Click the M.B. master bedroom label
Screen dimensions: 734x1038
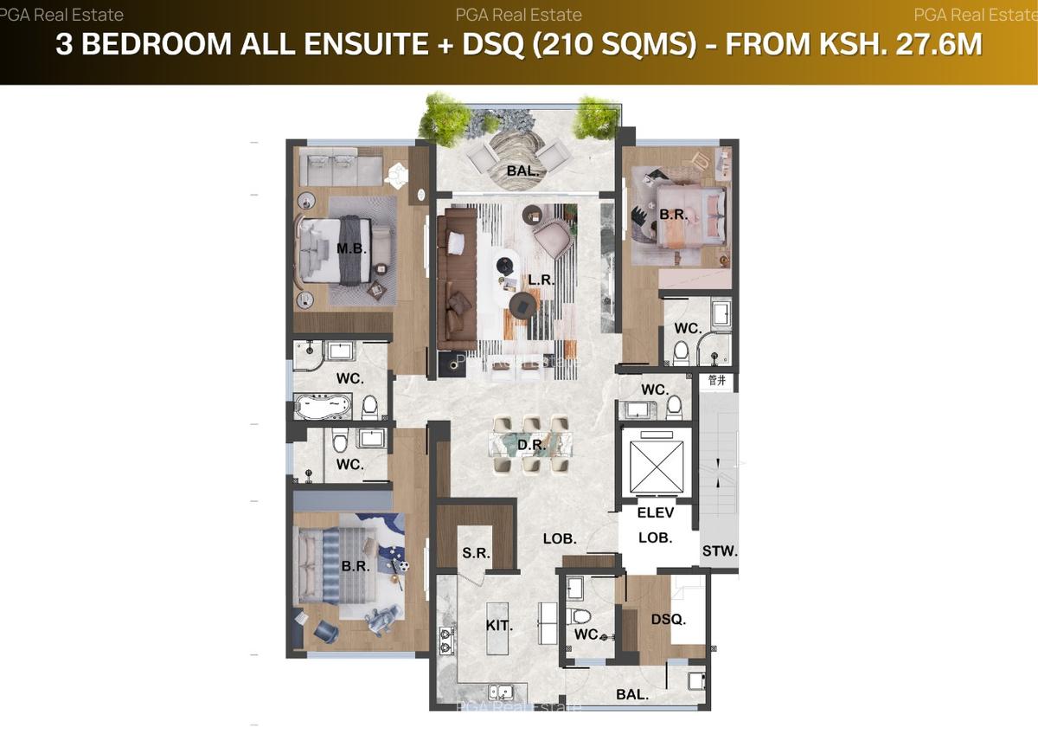(x=352, y=249)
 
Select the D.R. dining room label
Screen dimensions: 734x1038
(x=530, y=446)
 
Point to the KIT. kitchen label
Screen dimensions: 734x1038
(x=499, y=625)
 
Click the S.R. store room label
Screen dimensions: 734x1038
(x=476, y=553)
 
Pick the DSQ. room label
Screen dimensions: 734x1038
(x=669, y=620)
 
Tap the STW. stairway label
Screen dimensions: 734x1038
(x=720, y=550)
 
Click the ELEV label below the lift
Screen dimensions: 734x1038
(x=655, y=513)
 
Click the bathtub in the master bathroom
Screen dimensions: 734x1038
(x=323, y=404)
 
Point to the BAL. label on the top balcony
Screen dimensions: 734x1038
(x=522, y=171)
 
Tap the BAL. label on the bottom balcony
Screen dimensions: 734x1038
(x=632, y=693)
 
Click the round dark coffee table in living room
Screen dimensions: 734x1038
(x=522, y=304)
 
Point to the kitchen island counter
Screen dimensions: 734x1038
(x=497, y=625)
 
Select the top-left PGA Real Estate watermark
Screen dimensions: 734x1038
(x=61, y=15)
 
